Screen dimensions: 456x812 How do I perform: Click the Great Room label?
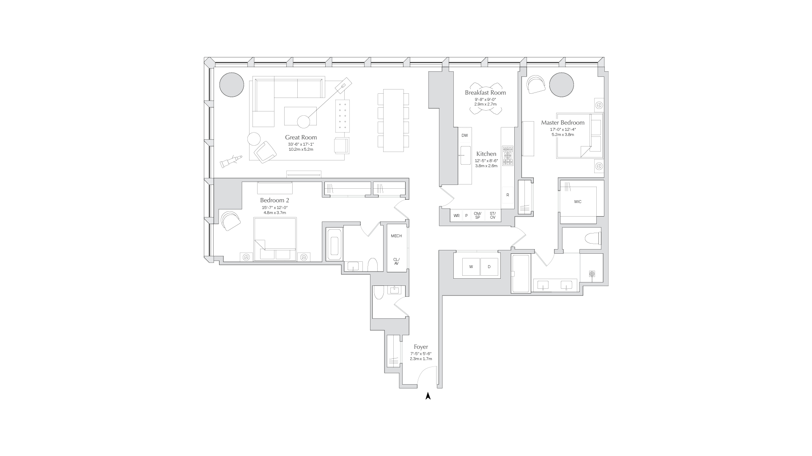(x=301, y=137)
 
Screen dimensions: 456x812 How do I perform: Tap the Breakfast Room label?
(x=485, y=92)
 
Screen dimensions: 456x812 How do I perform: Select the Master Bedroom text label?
(x=562, y=122)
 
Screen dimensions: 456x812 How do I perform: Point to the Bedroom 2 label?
(x=274, y=200)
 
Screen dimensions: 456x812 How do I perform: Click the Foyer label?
(x=421, y=347)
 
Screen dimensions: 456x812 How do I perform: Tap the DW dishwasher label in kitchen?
(x=465, y=136)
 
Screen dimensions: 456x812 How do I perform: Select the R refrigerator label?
(x=507, y=195)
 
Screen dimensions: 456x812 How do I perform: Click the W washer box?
(x=471, y=267)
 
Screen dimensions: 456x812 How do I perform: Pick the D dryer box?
(x=489, y=267)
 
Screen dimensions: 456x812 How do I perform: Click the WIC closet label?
(x=578, y=202)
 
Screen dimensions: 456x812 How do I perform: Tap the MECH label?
(x=396, y=236)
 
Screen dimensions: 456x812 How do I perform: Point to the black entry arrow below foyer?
(x=428, y=396)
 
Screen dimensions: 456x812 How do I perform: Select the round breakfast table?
(x=486, y=108)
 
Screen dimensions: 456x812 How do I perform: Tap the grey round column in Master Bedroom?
(x=562, y=84)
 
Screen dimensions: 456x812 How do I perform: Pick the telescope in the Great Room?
(x=230, y=161)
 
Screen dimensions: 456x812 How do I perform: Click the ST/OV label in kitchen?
(x=493, y=215)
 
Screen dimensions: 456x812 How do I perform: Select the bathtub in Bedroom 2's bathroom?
(x=334, y=245)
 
